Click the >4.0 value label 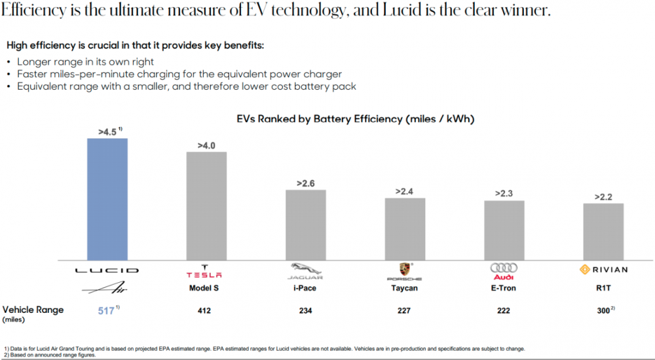click(x=207, y=145)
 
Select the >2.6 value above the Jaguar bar click(x=306, y=183)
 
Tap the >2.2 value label click(x=603, y=196)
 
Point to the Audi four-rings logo click(x=504, y=269)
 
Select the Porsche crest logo click(x=405, y=269)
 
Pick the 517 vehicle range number click(x=105, y=311)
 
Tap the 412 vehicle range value click(x=205, y=311)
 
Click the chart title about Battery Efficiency click(x=355, y=120)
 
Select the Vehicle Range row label click(x=33, y=310)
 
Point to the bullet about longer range click(x=85, y=62)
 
